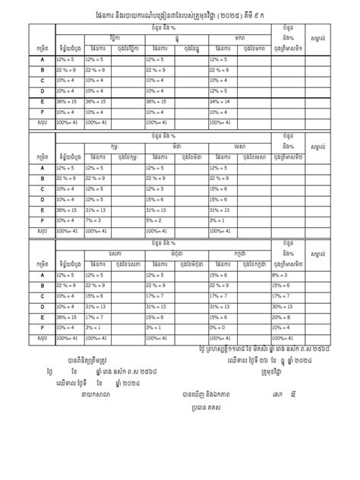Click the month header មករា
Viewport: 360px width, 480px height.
point(239,36)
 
